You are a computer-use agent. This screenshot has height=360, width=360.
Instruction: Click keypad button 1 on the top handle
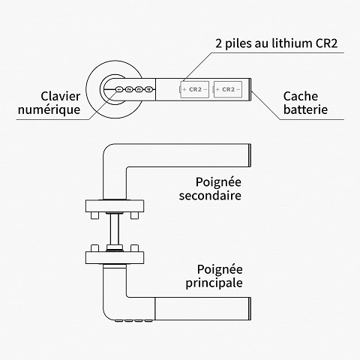118,90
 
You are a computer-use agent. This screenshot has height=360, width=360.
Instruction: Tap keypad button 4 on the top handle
149,90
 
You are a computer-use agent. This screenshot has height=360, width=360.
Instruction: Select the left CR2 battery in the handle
194,90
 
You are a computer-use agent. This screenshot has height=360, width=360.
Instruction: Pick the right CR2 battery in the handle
228,90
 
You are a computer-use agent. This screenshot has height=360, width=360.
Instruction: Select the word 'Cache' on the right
301,96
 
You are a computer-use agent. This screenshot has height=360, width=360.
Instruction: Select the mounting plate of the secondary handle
115,205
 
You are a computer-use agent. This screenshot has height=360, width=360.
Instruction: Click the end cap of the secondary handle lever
247,156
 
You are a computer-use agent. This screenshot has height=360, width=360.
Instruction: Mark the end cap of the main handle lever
247,307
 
